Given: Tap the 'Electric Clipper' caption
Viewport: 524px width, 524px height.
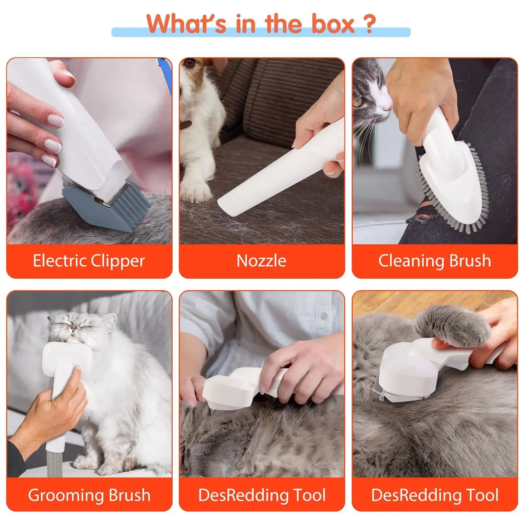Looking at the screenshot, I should (x=89, y=261).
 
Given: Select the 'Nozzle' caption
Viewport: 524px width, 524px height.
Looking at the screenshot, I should (x=261, y=261).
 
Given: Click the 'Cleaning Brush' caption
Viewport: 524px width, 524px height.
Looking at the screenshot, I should (x=435, y=261).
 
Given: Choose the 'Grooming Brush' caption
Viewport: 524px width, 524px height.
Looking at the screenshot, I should (x=89, y=495).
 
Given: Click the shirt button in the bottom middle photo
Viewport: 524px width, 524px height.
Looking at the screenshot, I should (x=323, y=315).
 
